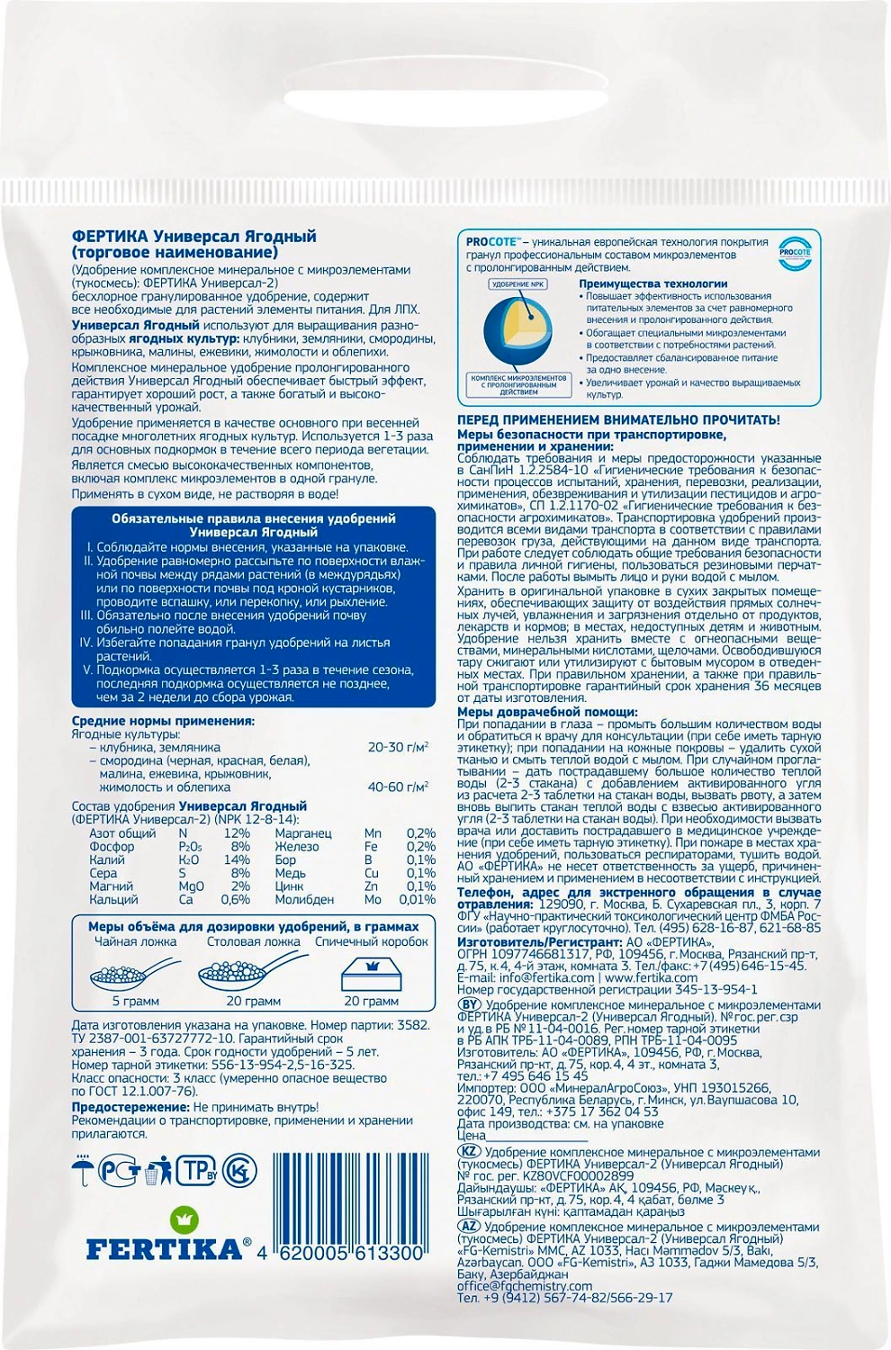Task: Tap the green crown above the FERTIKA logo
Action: pyautogui.click(x=185, y=1219)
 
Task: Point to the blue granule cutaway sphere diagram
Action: pyautogui.click(x=518, y=328)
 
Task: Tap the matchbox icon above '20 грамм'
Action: pyautogui.click(x=371, y=972)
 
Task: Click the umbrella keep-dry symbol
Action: pyautogui.click(x=83, y=1170)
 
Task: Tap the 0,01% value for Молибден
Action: pyautogui.click(x=417, y=899)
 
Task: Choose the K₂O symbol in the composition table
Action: pyautogui.click(x=189, y=859)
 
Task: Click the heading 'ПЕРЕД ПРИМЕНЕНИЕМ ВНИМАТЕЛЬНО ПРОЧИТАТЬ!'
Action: pyautogui.click(x=618, y=420)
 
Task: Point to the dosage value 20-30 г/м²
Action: pyautogui.click(x=398, y=747)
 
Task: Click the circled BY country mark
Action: pyautogui.click(x=469, y=1004)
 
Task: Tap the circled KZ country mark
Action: pyautogui.click(x=469, y=1151)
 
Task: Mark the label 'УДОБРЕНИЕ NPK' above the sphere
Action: pyautogui.click(x=518, y=284)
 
